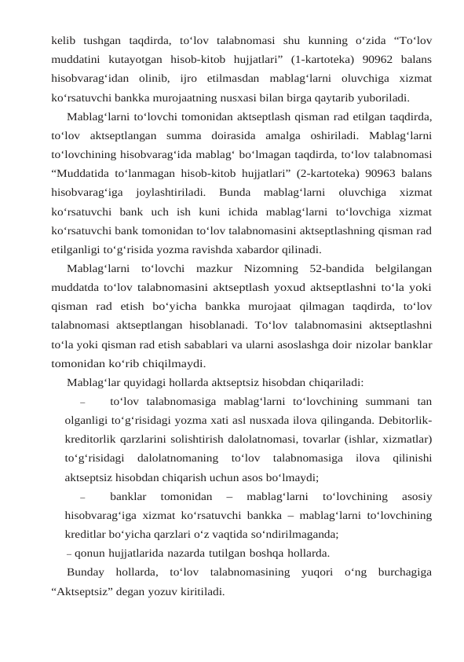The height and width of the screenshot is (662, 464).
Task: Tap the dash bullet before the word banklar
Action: pyautogui.click(x=82, y=497)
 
